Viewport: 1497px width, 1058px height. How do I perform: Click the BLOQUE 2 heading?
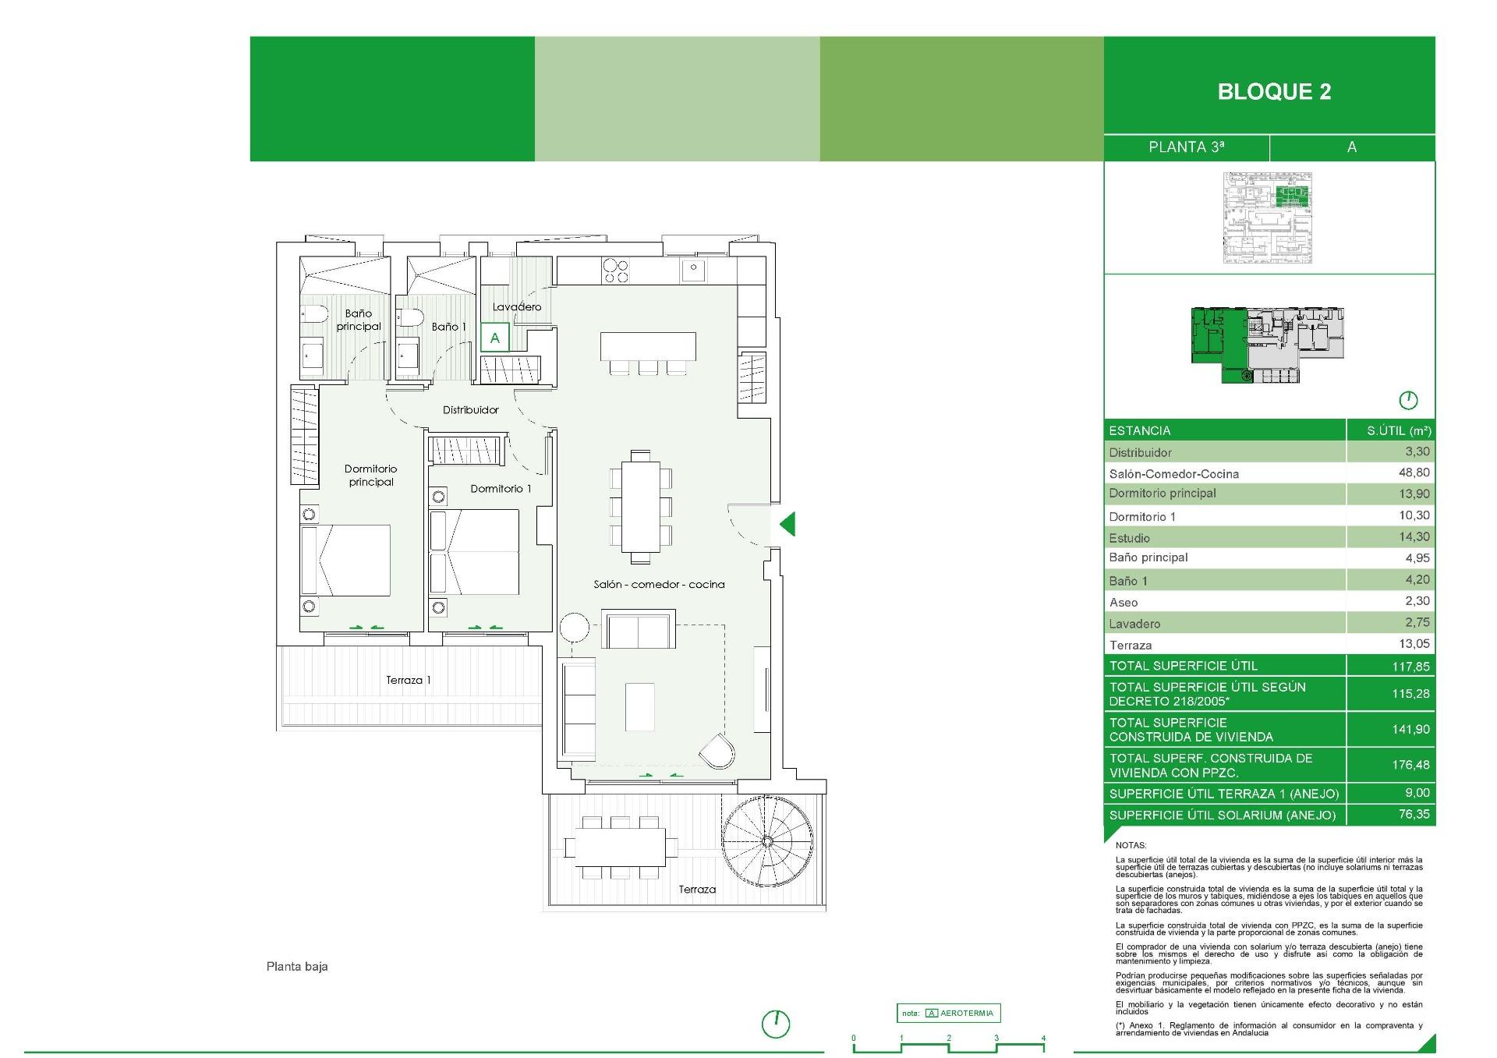point(1274,92)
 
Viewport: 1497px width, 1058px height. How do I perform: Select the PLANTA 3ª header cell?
point(1186,147)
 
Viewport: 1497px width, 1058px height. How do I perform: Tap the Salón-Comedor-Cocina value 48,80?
point(1414,472)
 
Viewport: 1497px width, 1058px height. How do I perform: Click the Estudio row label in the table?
point(1129,538)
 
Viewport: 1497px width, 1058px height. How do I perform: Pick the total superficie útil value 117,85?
point(1410,667)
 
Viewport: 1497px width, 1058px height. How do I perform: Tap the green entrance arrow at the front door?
point(787,523)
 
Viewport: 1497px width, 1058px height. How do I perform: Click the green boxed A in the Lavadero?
point(494,338)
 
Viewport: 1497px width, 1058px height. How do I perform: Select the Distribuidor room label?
point(470,410)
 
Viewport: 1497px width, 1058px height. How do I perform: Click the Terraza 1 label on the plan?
point(408,681)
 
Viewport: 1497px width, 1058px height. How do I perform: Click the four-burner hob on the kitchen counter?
point(615,271)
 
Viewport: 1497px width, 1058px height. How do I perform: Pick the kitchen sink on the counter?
point(692,271)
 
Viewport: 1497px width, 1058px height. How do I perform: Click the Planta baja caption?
point(297,967)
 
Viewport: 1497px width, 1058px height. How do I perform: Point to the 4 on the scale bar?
point(1042,1039)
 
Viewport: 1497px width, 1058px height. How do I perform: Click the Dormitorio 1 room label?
point(501,489)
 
